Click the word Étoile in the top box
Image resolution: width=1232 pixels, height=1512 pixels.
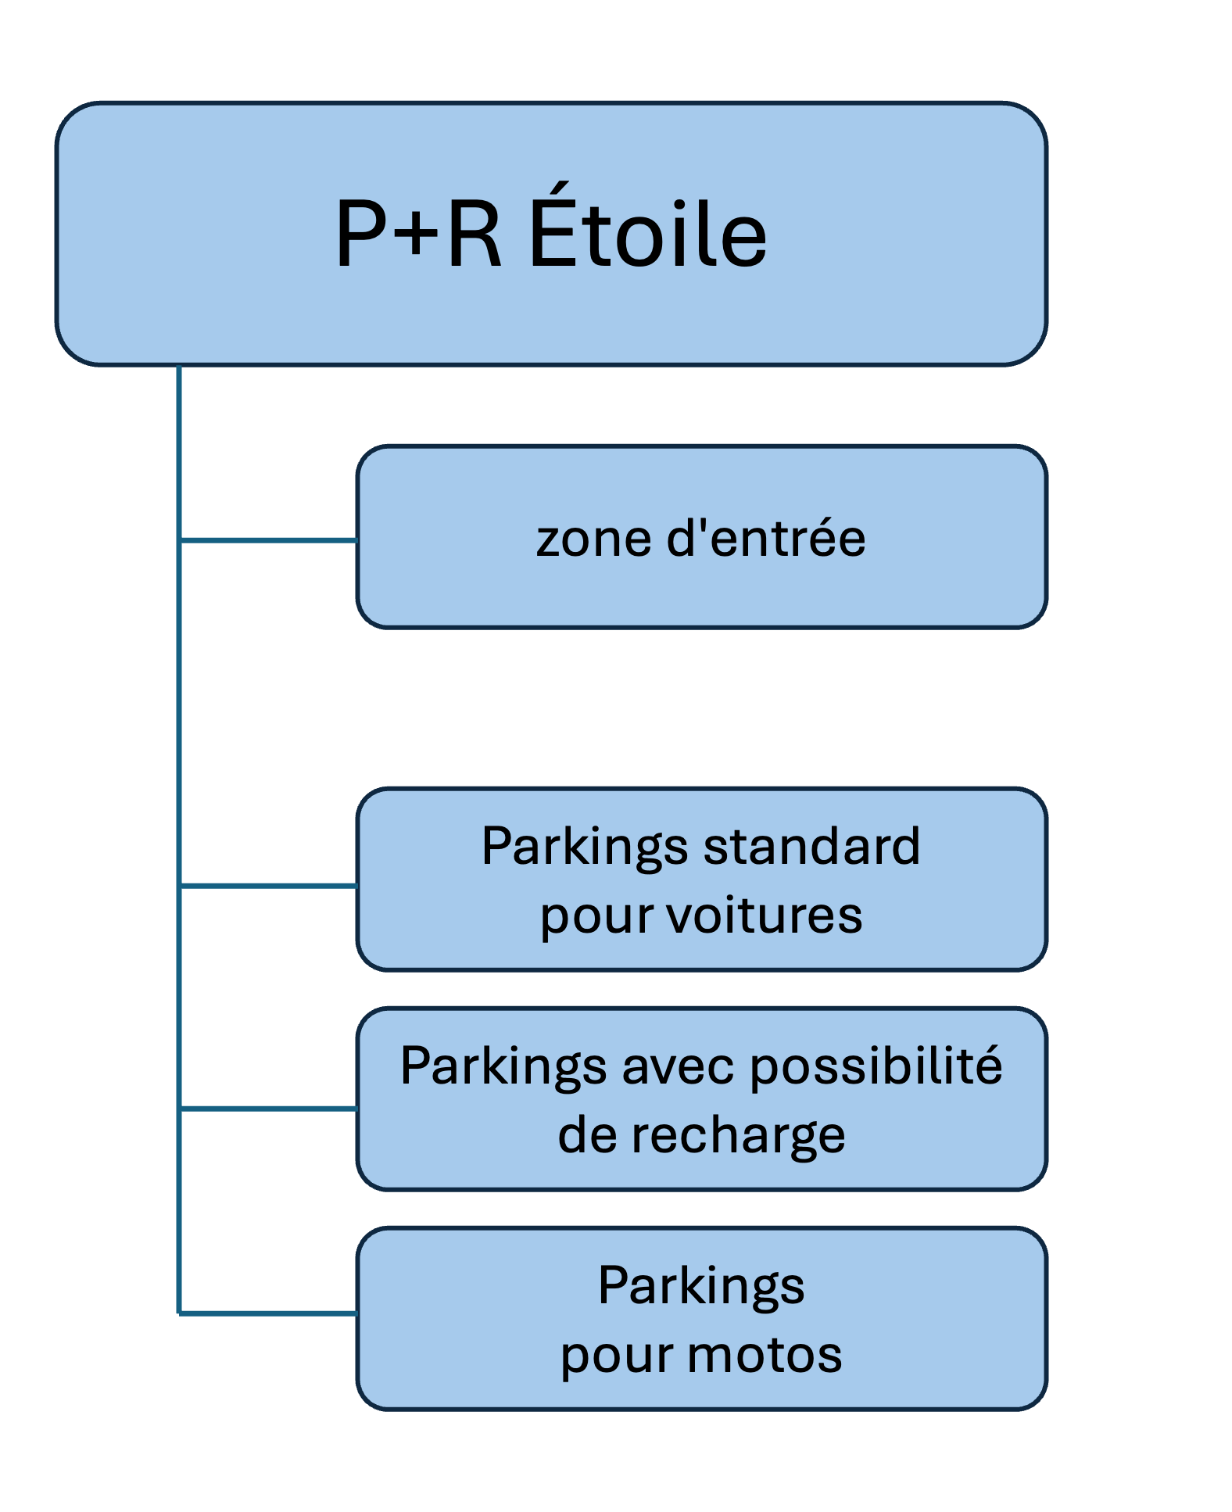pos(648,233)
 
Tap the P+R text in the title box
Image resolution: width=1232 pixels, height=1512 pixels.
pos(417,233)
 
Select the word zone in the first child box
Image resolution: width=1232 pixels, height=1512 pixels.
pos(593,539)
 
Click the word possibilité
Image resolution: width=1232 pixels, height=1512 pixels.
pos(876,1066)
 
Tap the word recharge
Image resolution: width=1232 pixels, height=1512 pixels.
pos(738,1136)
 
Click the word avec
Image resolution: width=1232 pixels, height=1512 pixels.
pos(678,1066)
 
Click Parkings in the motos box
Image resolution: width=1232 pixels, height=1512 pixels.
pos(701,1287)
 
